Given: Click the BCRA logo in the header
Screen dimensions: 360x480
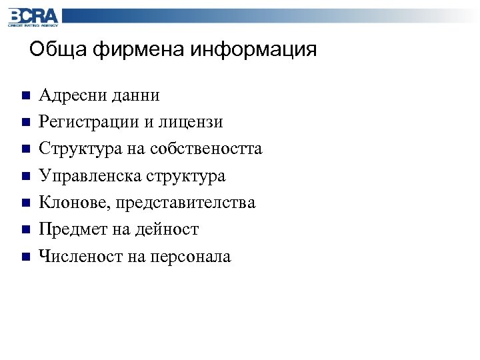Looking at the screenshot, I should click(x=33, y=17).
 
